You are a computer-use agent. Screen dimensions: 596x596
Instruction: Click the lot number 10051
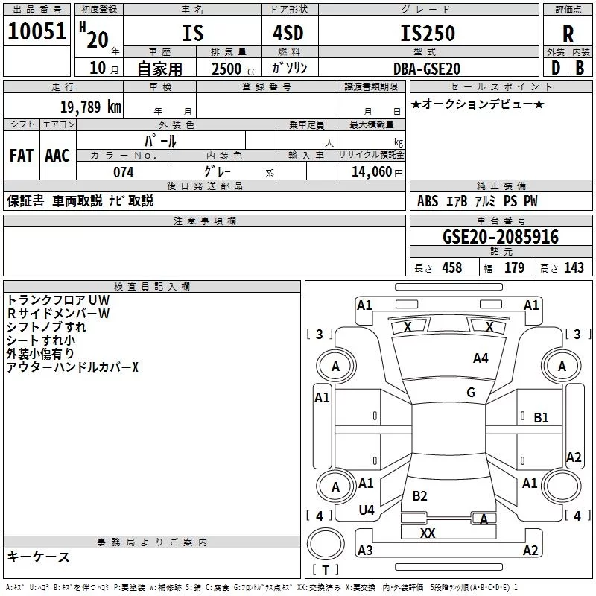(x=37, y=31)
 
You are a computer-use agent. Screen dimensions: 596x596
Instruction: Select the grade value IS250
(x=428, y=33)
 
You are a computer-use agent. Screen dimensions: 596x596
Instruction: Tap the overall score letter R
(x=568, y=34)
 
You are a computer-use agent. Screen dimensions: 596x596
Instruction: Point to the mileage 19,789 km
(x=90, y=107)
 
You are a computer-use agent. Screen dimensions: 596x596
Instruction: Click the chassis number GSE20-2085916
(x=501, y=237)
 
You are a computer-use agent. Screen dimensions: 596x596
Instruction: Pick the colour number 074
(x=124, y=172)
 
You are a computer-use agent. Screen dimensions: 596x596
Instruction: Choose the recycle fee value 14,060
(x=371, y=172)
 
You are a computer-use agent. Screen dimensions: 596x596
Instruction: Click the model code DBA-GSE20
(x=427, y=69)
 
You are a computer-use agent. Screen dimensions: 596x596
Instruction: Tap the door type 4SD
(x=288, y=33)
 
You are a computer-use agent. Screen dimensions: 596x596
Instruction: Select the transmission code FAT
(x=22, y=156)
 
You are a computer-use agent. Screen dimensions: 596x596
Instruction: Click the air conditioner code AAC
(x=57, y=156)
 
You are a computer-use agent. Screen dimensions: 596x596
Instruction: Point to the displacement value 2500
(x=226, y=69)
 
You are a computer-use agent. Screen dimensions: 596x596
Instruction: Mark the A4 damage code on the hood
(x=481, y=358)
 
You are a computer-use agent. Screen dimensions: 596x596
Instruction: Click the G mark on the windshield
(x=471, y=393)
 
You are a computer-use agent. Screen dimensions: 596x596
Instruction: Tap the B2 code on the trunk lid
(x=419, y=495)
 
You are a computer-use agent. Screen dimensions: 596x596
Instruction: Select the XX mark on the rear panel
(x=428, y=533)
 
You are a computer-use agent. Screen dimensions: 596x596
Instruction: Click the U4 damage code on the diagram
(x=367, y=510)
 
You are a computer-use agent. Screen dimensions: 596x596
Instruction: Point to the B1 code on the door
(x=541, y=418)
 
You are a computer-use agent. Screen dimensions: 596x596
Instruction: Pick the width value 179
(x=514, y=267)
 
